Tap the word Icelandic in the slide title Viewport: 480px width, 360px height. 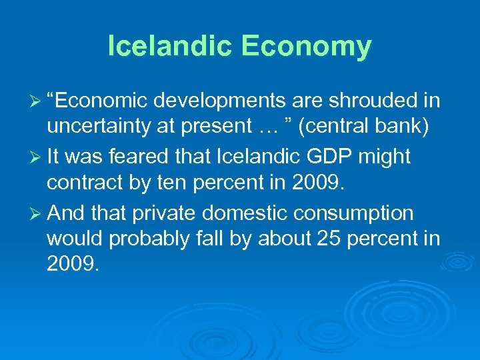click(169, 46)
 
